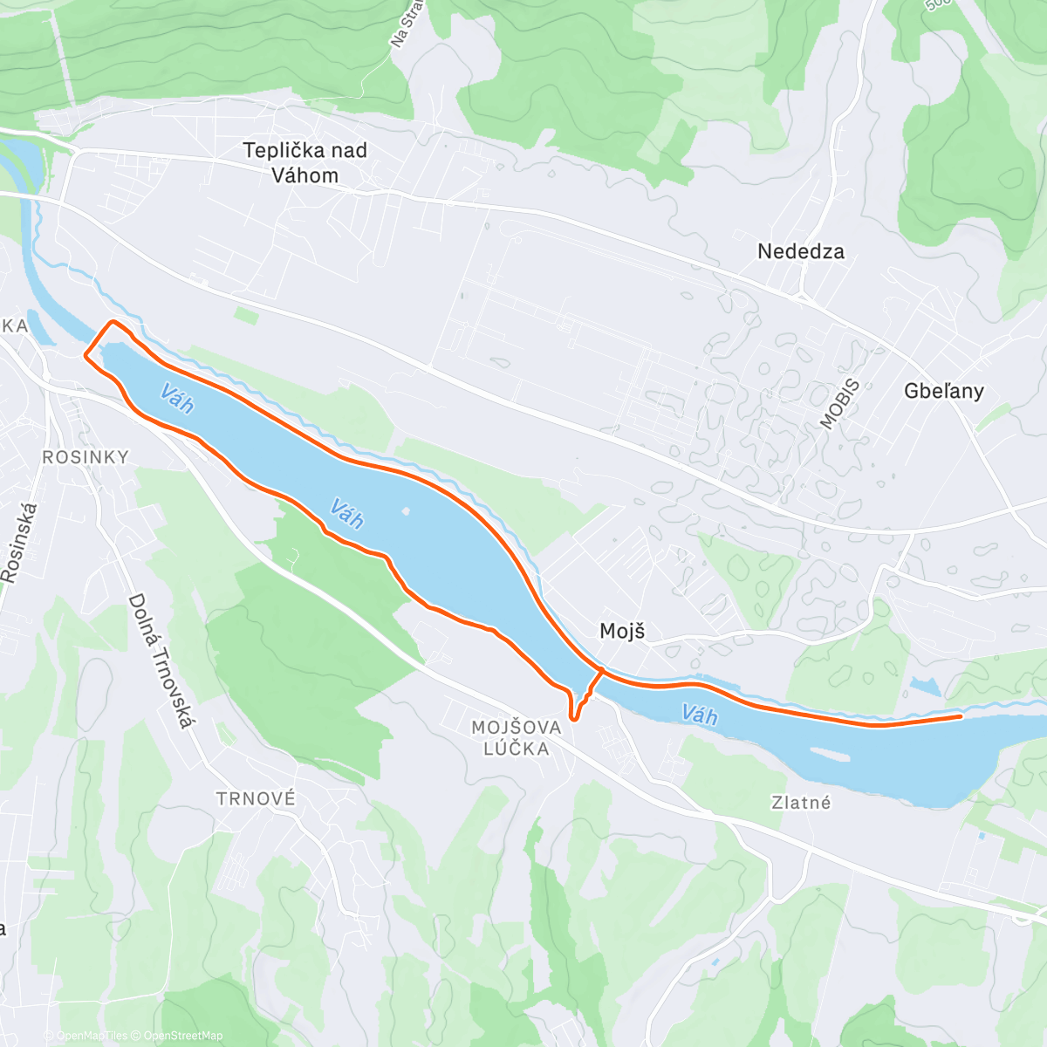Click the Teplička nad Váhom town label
tap(305, 163)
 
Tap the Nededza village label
tap(800, 252)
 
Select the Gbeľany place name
tap(943, 391)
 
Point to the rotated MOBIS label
tap(840, 404)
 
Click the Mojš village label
tap(622, 631)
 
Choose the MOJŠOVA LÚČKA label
tap(510, 738)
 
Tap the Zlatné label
tap(801, 803)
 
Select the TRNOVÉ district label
tap(256, 798)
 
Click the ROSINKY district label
tap(86, 457)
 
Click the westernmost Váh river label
tap(177, 400)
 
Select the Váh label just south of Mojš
tap(699, 715)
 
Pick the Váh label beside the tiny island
tap(346, 514)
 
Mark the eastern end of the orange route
tap(961, 716)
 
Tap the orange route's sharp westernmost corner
tap(85, 355)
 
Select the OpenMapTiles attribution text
tap(91, 1036)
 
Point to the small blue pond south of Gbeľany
tap(924, 687)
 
